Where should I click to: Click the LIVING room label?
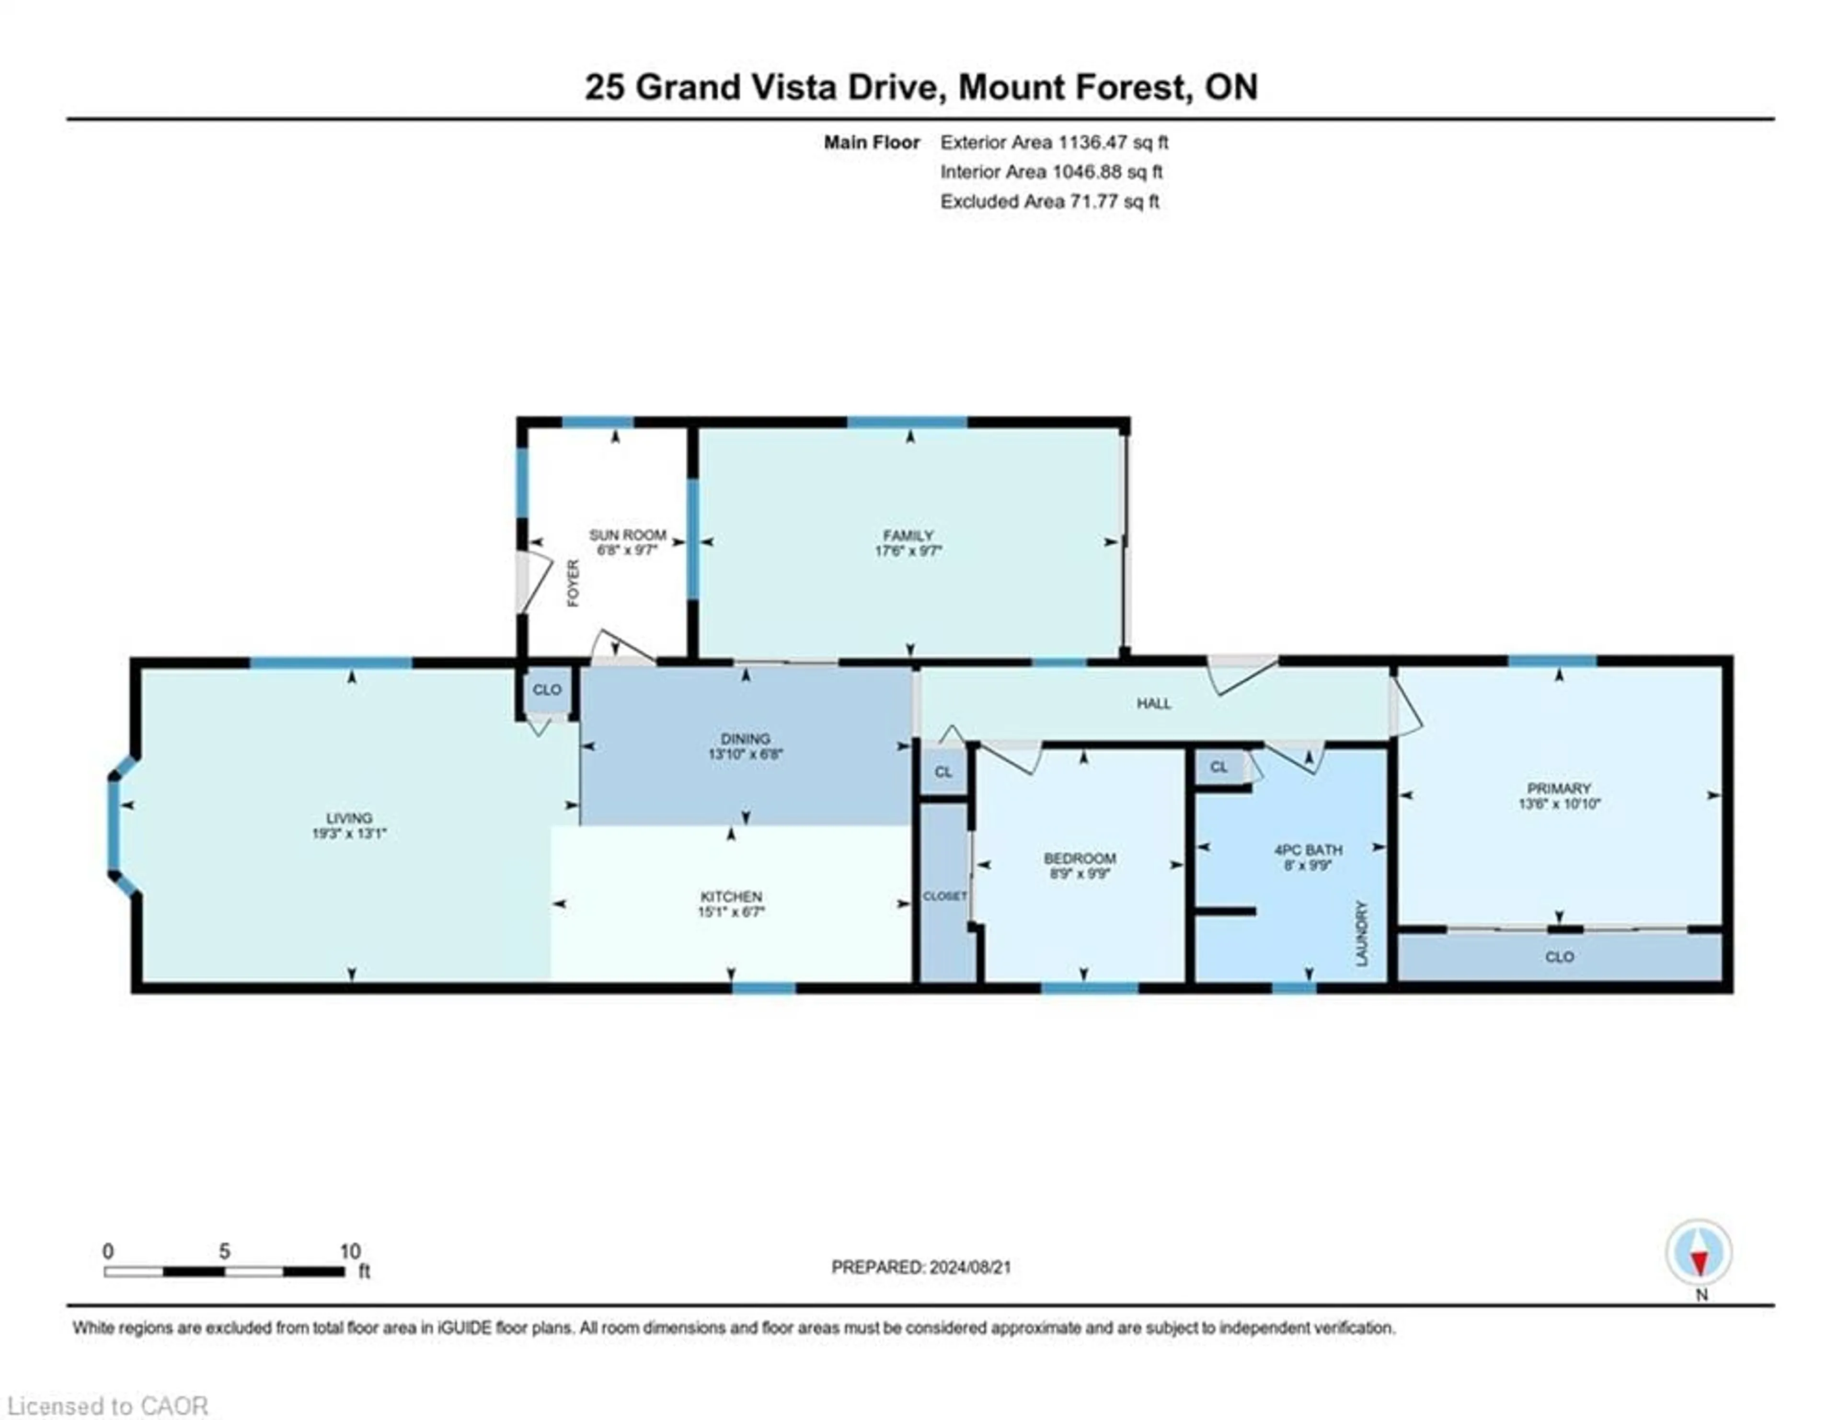tap(349, 818)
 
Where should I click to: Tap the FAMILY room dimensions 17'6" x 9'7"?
tap(908, 551)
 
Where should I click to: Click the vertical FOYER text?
tap(573, 583)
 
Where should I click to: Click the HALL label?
tap(1153, 703)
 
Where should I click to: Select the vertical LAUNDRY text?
tap(1361, 933)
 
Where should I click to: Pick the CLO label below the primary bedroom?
tap(1560, 957)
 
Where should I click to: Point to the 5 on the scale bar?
tap(224, 1251)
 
